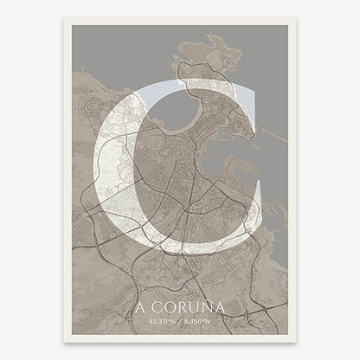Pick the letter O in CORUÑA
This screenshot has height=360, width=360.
[170, 307]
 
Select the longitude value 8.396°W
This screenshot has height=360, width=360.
[204, 320]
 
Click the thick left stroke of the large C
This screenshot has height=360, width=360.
[112, 173]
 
